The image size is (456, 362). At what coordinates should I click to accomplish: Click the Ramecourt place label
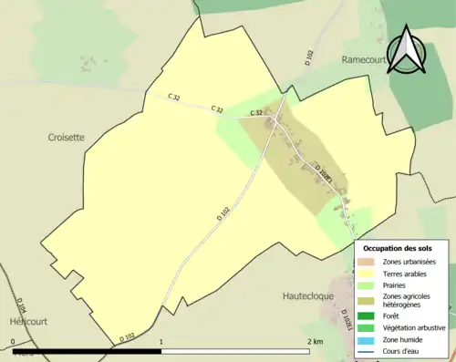tap(366, 59)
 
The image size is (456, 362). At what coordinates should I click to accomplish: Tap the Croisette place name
tap(66, 137)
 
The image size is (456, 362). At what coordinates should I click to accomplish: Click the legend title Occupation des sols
tap(398, 248)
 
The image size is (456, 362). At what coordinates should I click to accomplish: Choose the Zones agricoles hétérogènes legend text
tap(408, 301)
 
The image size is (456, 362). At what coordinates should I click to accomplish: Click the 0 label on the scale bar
tap(13, 342)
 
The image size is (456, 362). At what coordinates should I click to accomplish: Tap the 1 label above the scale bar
tap(161, 342)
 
